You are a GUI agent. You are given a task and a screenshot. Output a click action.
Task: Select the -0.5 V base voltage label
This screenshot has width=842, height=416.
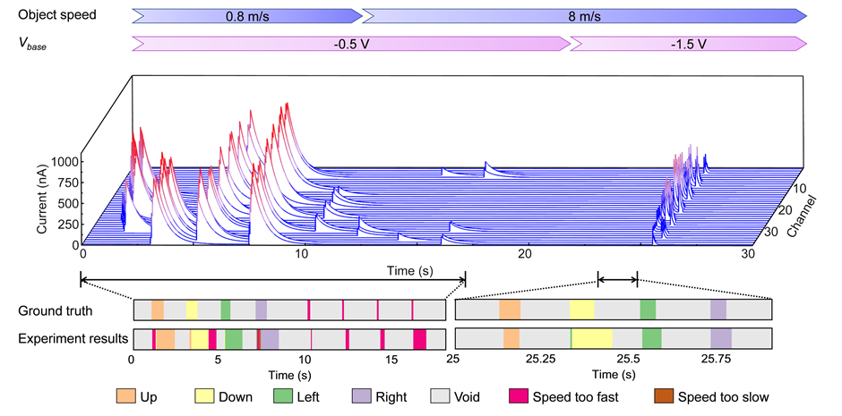point(350,43)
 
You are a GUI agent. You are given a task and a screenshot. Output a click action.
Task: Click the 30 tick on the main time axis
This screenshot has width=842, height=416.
point(746,254)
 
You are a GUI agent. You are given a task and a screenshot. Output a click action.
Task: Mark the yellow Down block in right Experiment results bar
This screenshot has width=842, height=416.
point(592,339)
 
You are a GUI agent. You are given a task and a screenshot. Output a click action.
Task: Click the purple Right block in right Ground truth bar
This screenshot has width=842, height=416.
point(718,310)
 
